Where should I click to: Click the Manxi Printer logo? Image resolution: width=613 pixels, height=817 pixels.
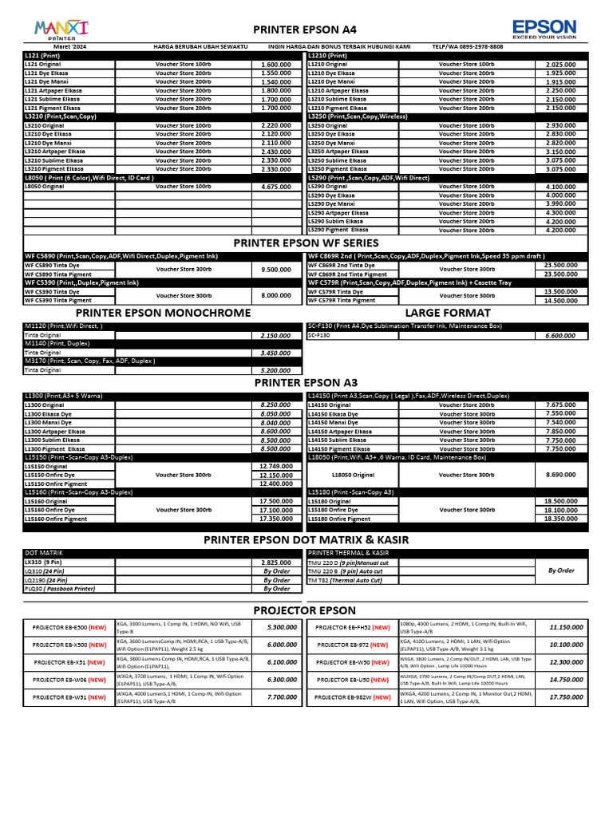62,30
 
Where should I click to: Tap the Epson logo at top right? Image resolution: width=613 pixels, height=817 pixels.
544,30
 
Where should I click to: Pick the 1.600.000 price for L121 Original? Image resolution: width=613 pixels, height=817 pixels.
275,65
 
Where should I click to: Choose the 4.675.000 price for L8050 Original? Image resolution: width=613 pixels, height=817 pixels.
275,187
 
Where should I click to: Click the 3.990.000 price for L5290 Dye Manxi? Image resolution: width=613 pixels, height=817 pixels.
560,204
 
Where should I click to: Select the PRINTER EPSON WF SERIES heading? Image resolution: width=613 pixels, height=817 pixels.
306,243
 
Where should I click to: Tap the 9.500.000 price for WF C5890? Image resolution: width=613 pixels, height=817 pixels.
275,270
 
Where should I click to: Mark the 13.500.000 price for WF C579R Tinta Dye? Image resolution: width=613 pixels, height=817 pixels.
560,292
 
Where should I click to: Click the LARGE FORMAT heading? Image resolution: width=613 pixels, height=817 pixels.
445,313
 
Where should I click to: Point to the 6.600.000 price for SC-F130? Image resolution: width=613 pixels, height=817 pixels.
560,336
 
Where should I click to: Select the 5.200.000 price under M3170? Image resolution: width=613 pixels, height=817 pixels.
275,371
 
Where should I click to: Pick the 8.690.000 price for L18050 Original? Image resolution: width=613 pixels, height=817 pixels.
560,476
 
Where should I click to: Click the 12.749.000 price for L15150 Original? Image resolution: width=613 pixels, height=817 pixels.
275,467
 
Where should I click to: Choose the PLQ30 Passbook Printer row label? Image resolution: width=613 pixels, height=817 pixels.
60,589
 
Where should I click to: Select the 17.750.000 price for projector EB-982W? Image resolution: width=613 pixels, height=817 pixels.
566,697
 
